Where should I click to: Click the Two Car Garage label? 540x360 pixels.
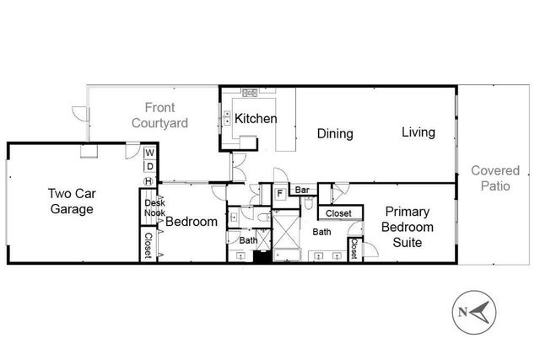click(70, 202)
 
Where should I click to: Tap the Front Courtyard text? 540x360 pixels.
click(160, 115)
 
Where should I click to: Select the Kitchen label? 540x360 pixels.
click(256, 119)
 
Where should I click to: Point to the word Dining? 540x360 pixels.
click(335, 133)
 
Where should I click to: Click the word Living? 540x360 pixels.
click(418, 132)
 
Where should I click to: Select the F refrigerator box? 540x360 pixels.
click(280, 193)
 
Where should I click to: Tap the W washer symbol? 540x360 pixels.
click(148, 153)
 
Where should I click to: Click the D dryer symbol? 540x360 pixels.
click(148, 166)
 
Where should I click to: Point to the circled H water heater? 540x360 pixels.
click(148, 180)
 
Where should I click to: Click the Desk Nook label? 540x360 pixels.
click(154, 208)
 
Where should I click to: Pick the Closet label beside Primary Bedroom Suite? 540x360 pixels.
click(354, 250)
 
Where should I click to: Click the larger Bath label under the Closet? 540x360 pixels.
click(322, 231)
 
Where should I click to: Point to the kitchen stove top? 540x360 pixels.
click(250, 92)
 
